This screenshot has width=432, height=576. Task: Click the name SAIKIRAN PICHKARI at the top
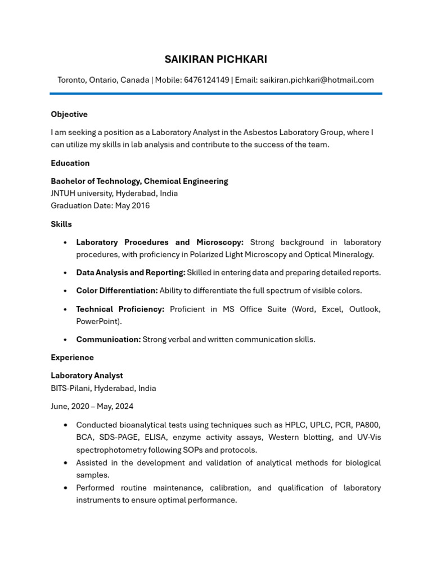[x=216, y=60]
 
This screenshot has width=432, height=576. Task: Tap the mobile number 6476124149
[x=206, y=80]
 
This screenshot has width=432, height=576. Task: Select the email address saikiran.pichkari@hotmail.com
[x=316, y=80]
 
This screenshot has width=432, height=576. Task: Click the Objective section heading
[x=69, y=114]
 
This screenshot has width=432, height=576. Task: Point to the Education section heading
[x=70, y=163]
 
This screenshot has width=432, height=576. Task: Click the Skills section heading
[x=61, y=224]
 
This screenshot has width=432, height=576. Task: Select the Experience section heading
[x=72, y=357]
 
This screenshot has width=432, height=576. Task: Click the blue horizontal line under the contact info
[x=216, y=93]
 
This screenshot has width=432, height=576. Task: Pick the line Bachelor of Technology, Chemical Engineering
[x=139, y=181]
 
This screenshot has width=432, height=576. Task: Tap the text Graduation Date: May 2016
[x=100, y=205]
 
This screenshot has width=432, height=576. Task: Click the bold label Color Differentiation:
[x=117, y=291]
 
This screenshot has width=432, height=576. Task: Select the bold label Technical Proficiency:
[x=120, y=309]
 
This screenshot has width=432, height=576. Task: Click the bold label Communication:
[x=109, y=339]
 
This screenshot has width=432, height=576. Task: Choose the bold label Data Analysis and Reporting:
[x=130, y=272]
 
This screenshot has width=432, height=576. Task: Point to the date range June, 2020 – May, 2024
[x=92, y=406]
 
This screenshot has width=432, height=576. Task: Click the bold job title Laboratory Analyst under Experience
[x=87, y=375]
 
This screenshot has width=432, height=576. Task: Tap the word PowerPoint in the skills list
[x=98, y=321]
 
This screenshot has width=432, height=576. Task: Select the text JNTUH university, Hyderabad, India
[x=114, y=193]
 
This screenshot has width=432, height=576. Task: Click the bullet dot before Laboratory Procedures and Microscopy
[x=66, y=242]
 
